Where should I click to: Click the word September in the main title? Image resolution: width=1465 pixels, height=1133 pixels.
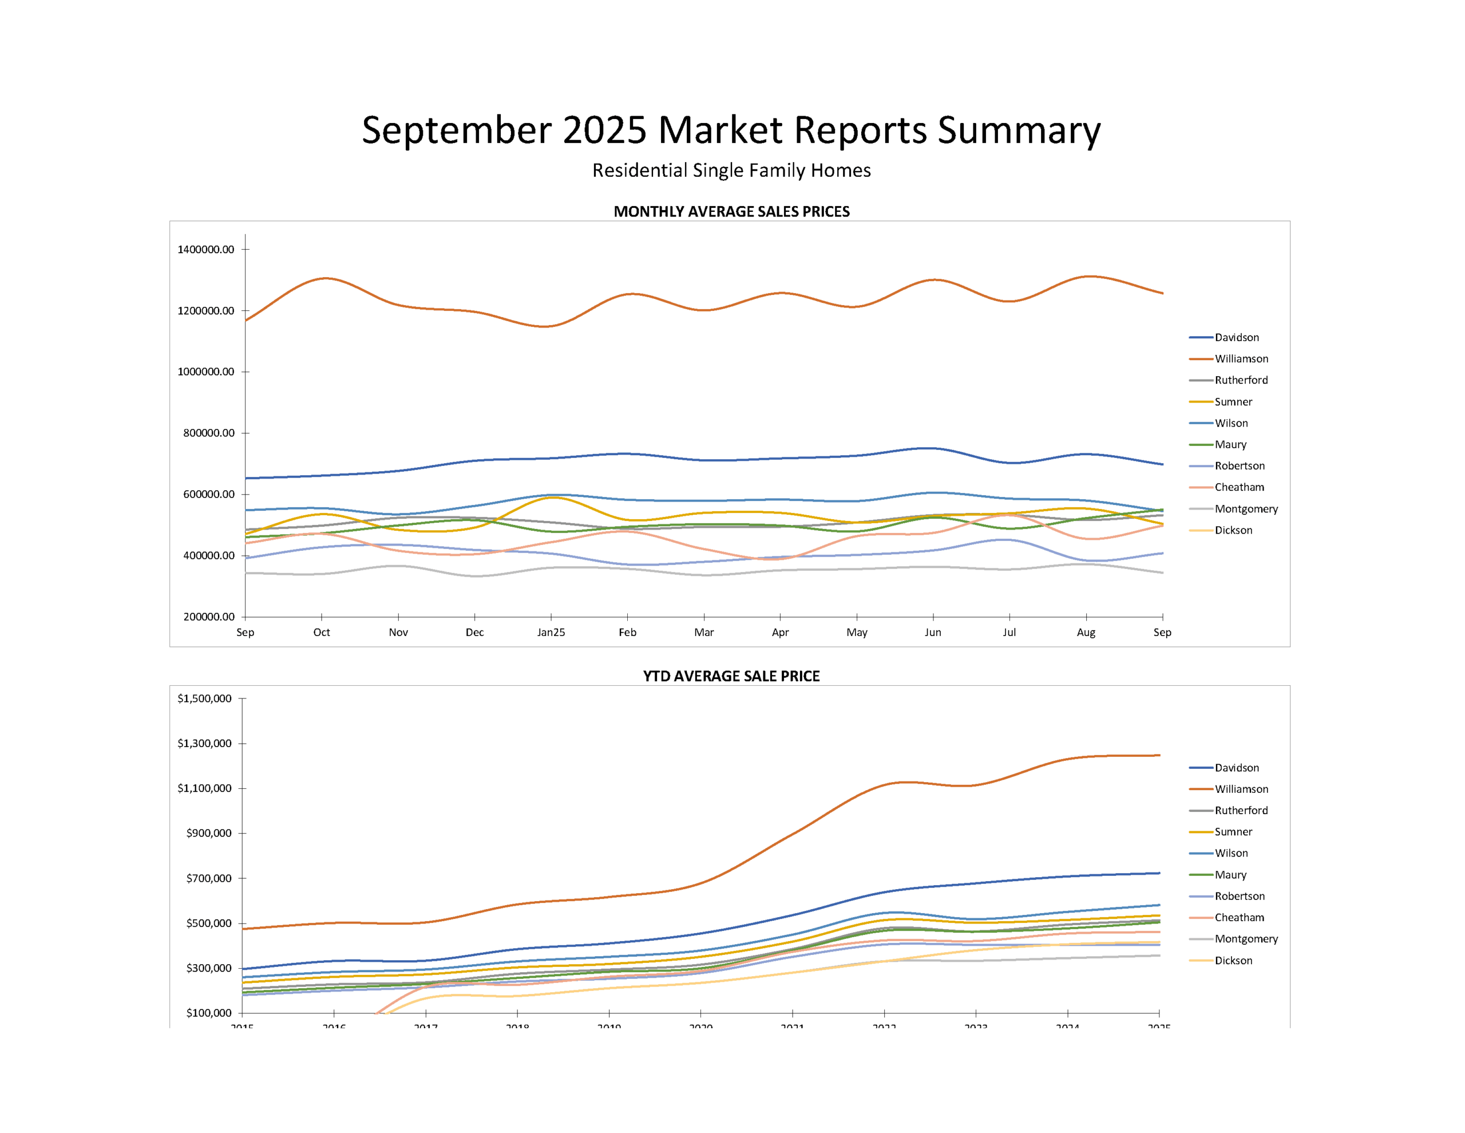pos(456,130)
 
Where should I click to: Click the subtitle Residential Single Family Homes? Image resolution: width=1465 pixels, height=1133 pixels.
pos(731,171)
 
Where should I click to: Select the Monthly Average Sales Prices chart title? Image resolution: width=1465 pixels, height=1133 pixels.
pos(731,211)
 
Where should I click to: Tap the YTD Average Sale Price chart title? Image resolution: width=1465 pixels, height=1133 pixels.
pos(731,676)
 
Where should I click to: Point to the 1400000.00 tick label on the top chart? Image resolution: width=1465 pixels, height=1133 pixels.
pos(206,250)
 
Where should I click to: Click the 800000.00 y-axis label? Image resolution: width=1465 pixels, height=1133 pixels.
pos(209,433)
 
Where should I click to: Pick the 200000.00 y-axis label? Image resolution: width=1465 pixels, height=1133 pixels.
pos(209,617)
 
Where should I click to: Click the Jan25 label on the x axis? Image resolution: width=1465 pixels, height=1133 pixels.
pos(551,632)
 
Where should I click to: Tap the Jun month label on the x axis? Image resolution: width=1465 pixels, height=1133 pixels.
pos(932,632)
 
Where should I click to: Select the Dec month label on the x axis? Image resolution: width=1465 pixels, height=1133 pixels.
pos(474,632)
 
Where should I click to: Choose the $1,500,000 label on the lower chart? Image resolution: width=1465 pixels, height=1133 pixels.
pos(205,698)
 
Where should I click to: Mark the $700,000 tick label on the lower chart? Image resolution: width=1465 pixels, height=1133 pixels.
pos(209,878)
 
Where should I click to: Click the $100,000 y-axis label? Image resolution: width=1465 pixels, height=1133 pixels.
pos(209,1013)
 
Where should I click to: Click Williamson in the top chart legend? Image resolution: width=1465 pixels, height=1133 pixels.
pos(1241,359)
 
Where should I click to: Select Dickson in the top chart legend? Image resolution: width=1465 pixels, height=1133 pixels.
pos(1233,530)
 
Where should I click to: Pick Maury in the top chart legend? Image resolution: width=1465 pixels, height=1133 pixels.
pos(1230,444)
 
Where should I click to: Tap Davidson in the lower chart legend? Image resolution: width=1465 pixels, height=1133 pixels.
pos(1236,768)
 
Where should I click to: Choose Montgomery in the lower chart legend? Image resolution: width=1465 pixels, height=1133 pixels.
pos(1246,939)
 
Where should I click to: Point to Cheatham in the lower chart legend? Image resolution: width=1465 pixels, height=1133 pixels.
pos(1239,918)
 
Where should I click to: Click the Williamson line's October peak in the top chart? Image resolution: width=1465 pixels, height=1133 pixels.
pos(324,278)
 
